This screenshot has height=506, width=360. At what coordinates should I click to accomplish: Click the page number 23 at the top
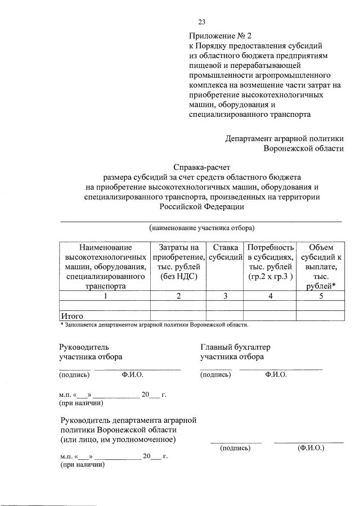[202, 22]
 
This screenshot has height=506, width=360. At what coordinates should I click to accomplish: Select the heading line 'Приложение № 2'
[219, 35]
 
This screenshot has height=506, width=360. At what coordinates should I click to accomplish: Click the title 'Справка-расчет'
[201, 167]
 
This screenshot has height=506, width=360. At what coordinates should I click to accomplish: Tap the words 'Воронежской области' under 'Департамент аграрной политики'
[303, 148]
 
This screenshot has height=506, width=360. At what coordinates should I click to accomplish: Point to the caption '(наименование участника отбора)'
[201, 228]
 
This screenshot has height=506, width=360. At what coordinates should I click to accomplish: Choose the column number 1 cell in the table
[105, 296]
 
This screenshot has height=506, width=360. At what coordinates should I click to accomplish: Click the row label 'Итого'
[72, 316]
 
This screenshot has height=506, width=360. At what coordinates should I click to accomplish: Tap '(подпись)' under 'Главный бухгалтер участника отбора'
[215, 374]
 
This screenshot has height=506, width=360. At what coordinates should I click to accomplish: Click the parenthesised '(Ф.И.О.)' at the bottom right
[310, 448]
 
